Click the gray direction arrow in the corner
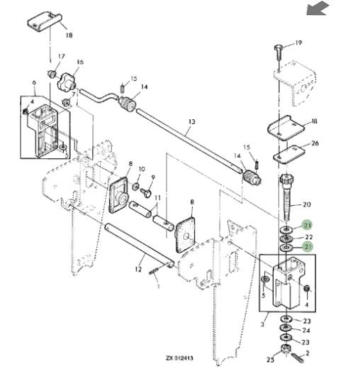(x=317, y=9)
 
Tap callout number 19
(x=298, y=43)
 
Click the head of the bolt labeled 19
(x=278, y=48)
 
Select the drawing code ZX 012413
(x=179, y=358)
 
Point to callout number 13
(x=192, y=122)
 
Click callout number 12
(x=138, y=269)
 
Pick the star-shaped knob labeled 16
(x=67, y=82)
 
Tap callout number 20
(x=307, y=204)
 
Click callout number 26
(x=315, y=143)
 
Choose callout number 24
(x=306, y=330)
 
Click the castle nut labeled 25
(x=286, y=348)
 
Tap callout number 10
(x=142, y=170)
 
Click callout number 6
(x=34, y=82)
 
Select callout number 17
(x=62, y=57)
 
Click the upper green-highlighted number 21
(x=308, y=225)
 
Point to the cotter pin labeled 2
(x=298, y=358)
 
